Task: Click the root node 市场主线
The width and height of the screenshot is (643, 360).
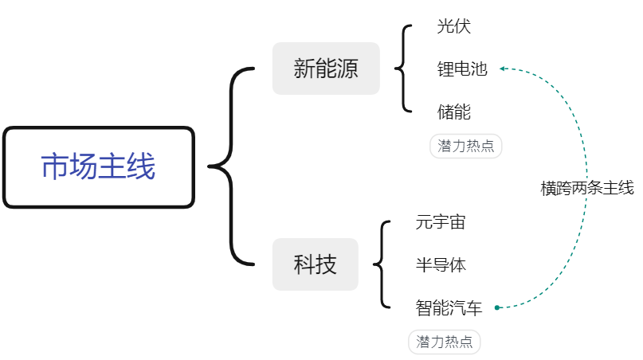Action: pos(99,167)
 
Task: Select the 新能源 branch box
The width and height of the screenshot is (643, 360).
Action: pos(326,68)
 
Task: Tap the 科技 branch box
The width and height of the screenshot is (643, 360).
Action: pos(315,264)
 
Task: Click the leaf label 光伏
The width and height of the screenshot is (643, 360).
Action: pos(453,26)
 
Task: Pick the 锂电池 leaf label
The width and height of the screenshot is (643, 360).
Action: pos(462,68)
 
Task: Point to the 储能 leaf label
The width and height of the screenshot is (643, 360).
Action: pos(454,112)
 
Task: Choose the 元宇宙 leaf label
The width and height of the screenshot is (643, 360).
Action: pos(441,222)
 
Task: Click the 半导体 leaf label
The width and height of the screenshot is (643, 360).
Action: pos(441,265)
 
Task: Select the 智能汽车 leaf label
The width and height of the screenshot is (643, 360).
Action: pos(449,307)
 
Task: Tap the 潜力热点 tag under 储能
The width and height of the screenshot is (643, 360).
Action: pos(466,146)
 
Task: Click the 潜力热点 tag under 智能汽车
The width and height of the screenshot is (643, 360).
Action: pos(444,342)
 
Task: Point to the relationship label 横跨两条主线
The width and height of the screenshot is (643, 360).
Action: pos(587,188)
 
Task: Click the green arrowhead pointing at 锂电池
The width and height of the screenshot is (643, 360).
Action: pos(502,68)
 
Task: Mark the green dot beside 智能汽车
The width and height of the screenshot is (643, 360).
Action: pos(497,307)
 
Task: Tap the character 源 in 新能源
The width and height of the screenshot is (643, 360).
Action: pos(347,68)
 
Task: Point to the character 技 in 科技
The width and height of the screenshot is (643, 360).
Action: pos(326,264)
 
